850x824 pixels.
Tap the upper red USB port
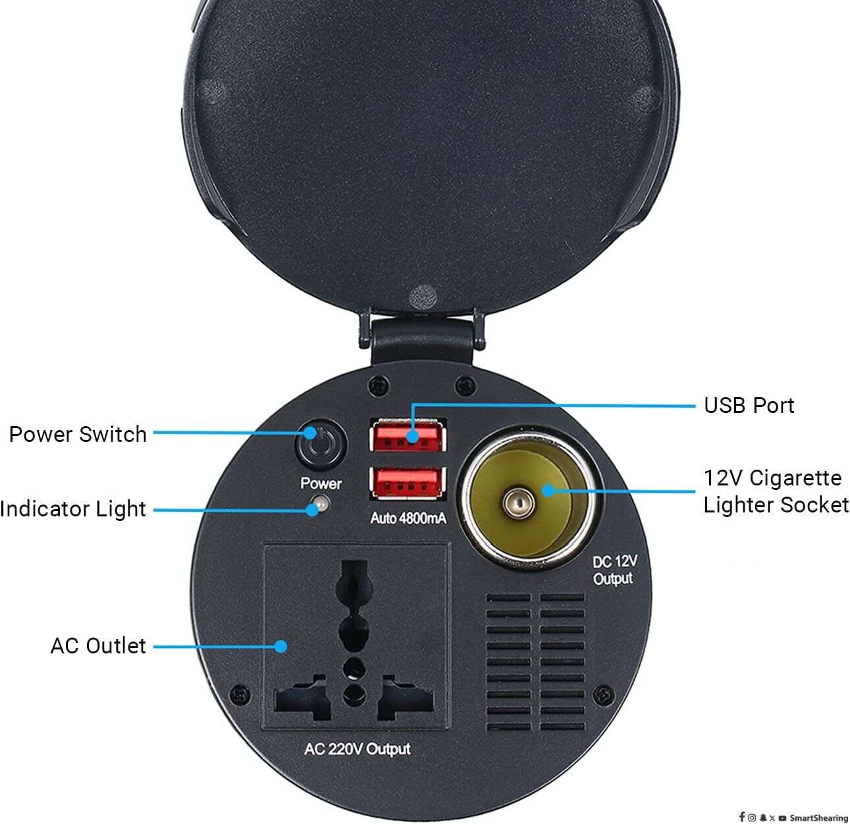click(408, 435)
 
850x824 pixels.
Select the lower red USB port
click(408, 483)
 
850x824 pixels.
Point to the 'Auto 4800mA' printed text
click(408, 518)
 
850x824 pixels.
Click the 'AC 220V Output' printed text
click(358, 749)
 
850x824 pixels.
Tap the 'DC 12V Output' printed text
click(614, 570)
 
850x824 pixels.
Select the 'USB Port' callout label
click(749, 406)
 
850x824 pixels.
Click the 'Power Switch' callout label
click(78, 434)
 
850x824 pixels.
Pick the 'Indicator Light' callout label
click(72, 509)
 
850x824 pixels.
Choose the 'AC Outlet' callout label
click(98, 645)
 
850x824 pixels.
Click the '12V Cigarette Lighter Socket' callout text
click(776, 491)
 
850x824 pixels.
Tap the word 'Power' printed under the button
click(321, 483)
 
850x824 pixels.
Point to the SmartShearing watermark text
click(818, 818)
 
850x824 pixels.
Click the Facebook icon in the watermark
click(741, 817)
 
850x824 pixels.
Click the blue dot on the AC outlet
click(281, 646)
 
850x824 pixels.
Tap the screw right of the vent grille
click(604, 694)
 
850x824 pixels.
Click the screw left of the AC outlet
click(240, 694)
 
